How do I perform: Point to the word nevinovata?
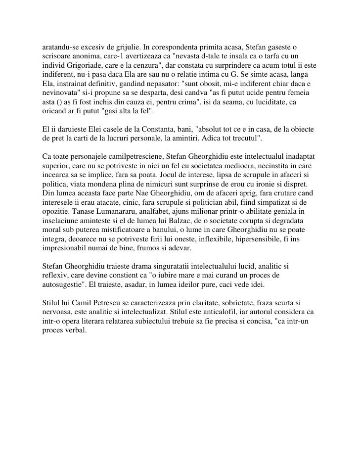click(x=58, y=94)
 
